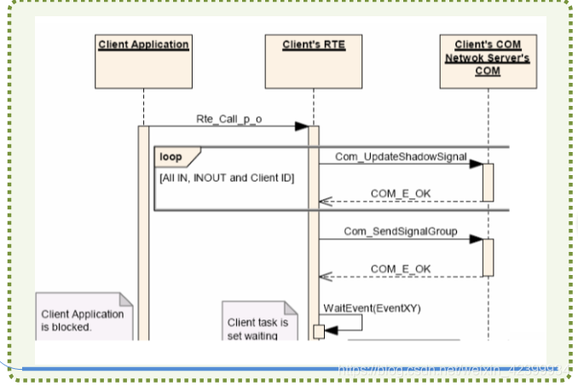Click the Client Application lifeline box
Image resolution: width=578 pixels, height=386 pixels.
click(x=143, y=61)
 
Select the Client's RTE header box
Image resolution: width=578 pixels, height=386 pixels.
click(x=314, y=61)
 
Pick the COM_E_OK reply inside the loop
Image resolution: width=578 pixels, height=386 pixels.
click(x=401, y=194)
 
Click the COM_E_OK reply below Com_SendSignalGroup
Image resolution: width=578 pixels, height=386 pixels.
click(x=401, y=269)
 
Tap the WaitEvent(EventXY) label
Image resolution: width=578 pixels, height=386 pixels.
click(x=360, y=307)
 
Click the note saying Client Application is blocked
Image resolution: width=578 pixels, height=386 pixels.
click(x=83, y=318)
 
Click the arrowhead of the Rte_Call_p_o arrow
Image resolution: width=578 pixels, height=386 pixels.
click(x=302, y=126)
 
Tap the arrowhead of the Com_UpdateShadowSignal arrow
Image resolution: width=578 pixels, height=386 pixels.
click(x=477, y=164)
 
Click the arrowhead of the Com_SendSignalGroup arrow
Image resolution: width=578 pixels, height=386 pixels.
click(x=477, y=239)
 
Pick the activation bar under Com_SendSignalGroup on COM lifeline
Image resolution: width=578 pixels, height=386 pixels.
click(x=488, y=257)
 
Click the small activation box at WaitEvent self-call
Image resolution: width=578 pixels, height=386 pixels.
click(x=319, y=330)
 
